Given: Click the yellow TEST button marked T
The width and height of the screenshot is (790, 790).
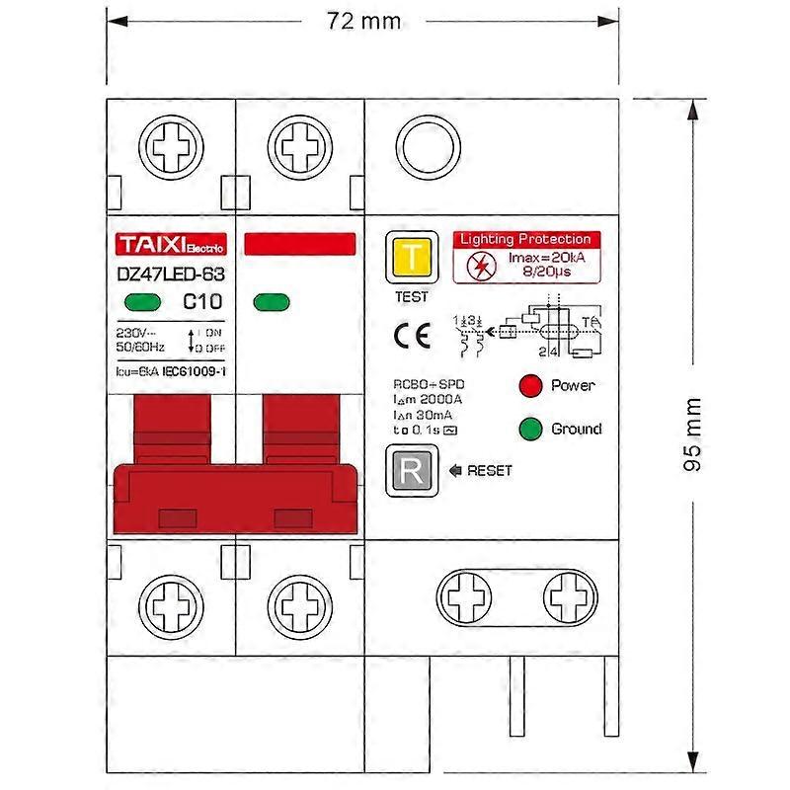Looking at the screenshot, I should point(412,260).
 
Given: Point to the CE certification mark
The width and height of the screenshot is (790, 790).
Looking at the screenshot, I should point(412,335).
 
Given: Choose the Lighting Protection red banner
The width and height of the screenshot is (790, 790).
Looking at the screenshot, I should point(524,239).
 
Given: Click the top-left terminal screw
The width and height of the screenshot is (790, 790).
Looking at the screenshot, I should point(171,151).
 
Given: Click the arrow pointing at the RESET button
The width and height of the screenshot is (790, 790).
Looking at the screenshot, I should point(455,470).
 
